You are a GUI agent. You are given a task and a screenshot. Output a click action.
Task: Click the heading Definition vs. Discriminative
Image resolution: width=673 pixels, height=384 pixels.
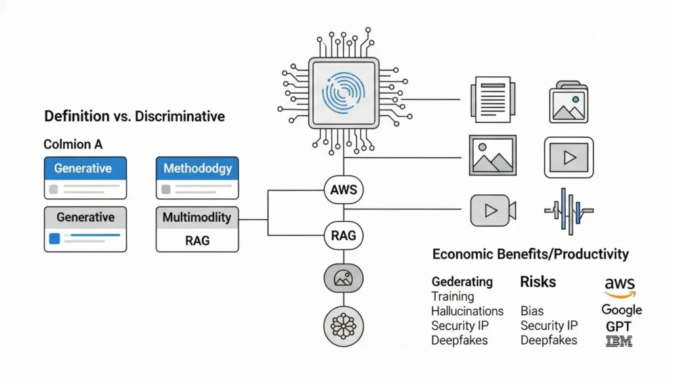[x=134, y=117]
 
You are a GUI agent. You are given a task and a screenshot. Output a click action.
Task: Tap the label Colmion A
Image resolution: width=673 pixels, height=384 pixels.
[x=73, y=144]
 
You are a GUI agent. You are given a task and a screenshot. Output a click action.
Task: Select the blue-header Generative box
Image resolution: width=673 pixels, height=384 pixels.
[x=85, y=169]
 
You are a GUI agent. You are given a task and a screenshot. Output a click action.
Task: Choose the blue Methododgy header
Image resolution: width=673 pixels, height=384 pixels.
[x=197, y=169]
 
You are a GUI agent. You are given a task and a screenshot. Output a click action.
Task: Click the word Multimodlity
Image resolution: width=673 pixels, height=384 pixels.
[x=197, y=217]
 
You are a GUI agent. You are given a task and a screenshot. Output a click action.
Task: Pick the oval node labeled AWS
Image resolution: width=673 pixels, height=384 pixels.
[x=343, y=191]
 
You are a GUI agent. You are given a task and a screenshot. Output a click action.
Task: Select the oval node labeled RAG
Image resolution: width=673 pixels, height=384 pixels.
[x=343, y=234]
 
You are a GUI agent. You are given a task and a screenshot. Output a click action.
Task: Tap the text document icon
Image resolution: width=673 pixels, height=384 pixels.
[x=493, y=100]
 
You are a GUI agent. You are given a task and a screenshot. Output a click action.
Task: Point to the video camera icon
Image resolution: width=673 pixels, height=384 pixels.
[x=493, y=210]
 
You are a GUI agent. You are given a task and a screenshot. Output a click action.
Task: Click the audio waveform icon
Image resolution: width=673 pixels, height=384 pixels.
[x=569, y=210]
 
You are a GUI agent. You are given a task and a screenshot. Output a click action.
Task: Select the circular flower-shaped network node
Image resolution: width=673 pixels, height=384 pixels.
[x=343, y=325]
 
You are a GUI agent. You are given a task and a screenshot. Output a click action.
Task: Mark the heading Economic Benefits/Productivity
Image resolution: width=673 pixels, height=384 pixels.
[x=530, y=254]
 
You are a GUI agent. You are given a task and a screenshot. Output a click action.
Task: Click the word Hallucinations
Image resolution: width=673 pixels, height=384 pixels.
[x=467, y=311]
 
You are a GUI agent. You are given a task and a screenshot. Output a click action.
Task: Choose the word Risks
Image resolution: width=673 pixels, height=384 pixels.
[x=538, y=282]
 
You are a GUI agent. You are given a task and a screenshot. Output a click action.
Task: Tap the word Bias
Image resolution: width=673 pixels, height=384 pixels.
[x=532, y=311]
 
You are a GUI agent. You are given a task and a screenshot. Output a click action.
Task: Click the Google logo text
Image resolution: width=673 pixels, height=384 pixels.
[x=621, y=310]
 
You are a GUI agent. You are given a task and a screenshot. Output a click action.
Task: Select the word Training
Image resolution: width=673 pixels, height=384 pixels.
[x=452, y=297]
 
